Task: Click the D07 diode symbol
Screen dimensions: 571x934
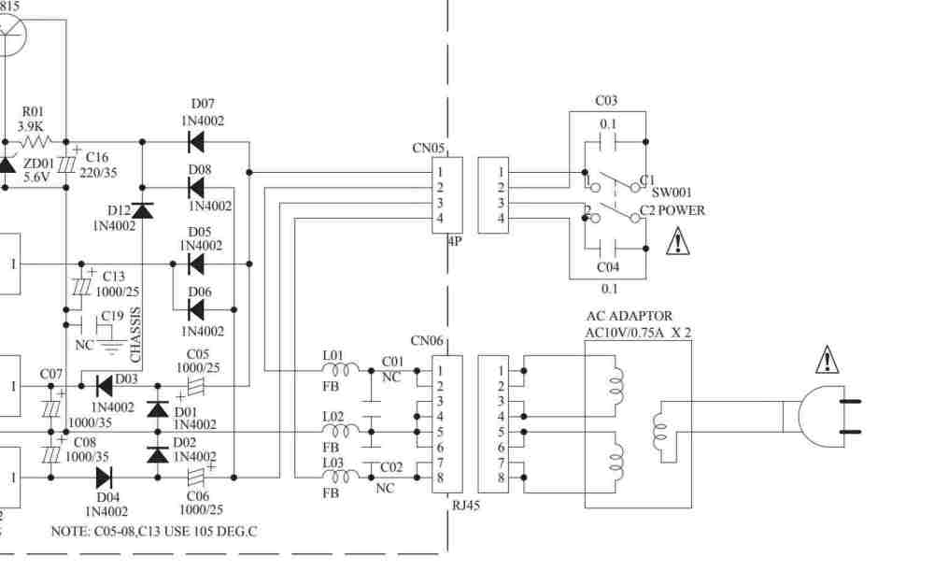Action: click(196, 142)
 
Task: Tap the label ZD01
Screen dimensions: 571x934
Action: click(37, 164)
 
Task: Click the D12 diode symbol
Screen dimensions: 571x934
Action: click(142, 210)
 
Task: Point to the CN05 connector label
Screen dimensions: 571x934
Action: click(428, 148)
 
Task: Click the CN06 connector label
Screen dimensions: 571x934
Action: click(427, 342)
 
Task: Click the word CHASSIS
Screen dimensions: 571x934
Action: click(136, 335)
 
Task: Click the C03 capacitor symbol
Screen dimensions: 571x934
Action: click(608, 143)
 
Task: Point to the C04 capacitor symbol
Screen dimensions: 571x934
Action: click(608, 250)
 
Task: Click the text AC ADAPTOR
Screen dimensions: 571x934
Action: click(629, 317)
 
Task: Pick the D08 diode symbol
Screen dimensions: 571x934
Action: click(196, 188)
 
